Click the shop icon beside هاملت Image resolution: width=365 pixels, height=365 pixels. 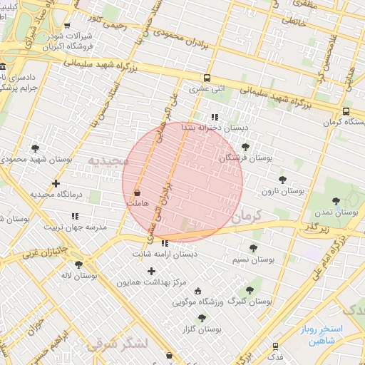[x=137, y=192]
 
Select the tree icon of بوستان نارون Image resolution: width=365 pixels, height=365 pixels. [x=282, y=180]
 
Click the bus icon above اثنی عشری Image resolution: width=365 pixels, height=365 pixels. [x=207, y=78]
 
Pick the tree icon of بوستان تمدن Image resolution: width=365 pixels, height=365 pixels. [x=336, y=202]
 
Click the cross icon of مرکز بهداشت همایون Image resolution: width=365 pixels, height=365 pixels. [x=150, y=271]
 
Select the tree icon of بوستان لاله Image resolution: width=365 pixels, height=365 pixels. [x=78, y=264]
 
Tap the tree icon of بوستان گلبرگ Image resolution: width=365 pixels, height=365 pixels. [x=249, y=290]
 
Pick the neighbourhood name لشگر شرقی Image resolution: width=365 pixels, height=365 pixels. [x=118, y=344]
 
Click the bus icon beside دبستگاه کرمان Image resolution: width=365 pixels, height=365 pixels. [x=346, y=111]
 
